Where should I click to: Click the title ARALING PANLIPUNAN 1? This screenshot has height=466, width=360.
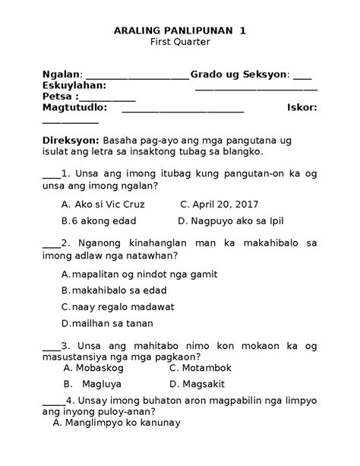179,30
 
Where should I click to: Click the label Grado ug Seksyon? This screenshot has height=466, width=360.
239,74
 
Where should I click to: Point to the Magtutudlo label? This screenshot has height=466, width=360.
74,108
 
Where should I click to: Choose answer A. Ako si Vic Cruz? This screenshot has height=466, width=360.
103,204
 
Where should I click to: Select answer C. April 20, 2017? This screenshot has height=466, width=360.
219,204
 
